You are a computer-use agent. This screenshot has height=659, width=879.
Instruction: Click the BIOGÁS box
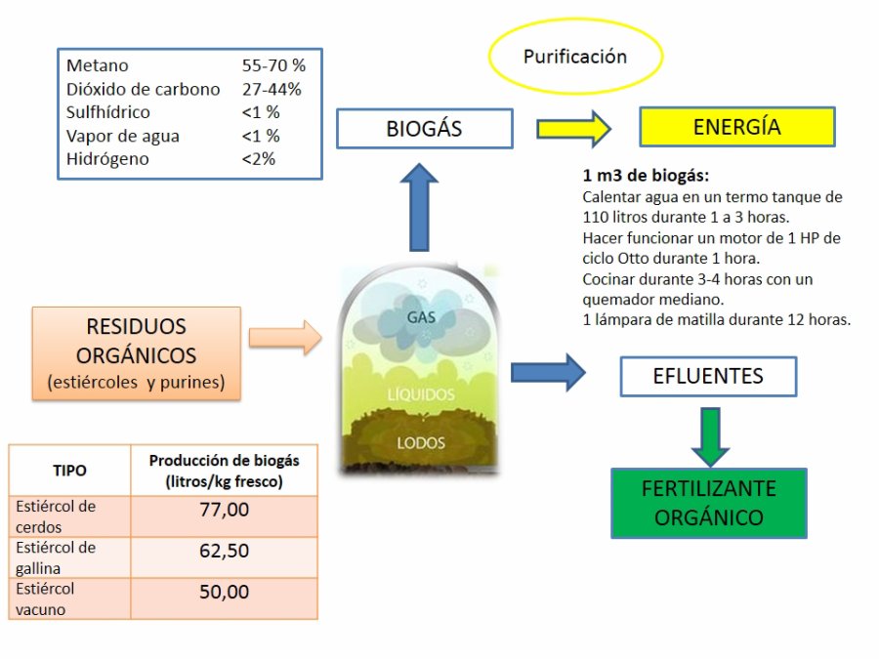tap(424, 128)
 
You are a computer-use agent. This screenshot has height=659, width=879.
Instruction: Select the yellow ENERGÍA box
tap(736, 127)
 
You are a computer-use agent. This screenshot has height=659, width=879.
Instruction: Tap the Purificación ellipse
tap(575, 57)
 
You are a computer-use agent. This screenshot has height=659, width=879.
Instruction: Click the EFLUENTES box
tap(708, 376)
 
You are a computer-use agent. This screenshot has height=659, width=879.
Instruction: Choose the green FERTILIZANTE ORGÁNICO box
tap(708, 503)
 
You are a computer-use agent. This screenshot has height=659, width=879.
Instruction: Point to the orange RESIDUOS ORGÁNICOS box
tap(136, 353)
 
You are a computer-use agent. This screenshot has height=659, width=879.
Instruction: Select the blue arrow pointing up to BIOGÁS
tap(420, 206)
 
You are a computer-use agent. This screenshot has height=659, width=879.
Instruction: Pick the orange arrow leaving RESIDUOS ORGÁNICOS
tap(284, 338)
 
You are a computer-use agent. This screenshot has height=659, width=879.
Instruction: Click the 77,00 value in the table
tap(224, 509)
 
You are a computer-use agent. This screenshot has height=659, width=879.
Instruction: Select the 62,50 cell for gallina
tap(224, 551)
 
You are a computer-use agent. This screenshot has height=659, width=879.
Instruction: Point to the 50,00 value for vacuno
tap(224, 592)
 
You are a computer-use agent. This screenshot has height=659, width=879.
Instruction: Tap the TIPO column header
tap(69, 470)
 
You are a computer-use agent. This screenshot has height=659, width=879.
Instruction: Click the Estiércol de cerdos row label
tap(56, 515)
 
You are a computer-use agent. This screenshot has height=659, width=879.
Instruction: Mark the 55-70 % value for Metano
tap(273, 65)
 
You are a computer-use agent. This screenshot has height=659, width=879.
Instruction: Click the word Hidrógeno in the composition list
tap(107, 159)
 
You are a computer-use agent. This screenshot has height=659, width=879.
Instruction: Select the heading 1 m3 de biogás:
tap(646, 177)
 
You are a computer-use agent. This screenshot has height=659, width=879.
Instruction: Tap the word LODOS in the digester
tap(421, 443)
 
